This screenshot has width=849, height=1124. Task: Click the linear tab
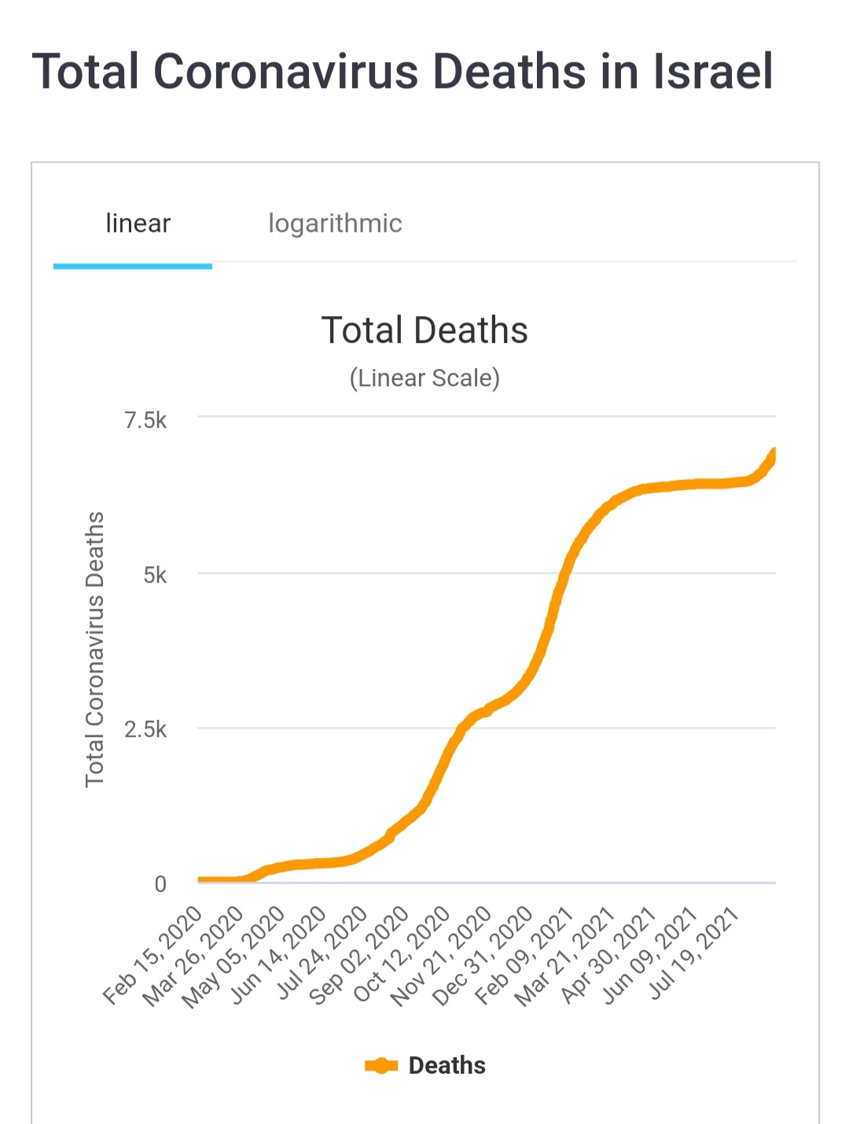138,223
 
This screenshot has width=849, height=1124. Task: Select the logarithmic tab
335,223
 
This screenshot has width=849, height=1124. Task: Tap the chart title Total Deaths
424,330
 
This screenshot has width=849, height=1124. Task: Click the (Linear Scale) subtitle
424,378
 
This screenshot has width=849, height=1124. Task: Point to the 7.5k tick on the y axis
145,420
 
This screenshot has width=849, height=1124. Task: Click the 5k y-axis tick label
155,575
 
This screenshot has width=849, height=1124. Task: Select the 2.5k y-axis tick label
145,729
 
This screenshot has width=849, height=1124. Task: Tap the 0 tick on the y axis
160,884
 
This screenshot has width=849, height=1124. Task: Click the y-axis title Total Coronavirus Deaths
94,649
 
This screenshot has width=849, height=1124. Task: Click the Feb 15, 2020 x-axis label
153,955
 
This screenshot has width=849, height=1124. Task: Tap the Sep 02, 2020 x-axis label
359,956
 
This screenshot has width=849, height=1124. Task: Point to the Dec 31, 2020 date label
483,956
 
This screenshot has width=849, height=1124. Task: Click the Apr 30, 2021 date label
609,955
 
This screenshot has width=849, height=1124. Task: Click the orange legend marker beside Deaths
381,1066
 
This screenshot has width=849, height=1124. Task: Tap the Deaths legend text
447,1066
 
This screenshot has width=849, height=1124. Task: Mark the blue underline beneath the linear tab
133,267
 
